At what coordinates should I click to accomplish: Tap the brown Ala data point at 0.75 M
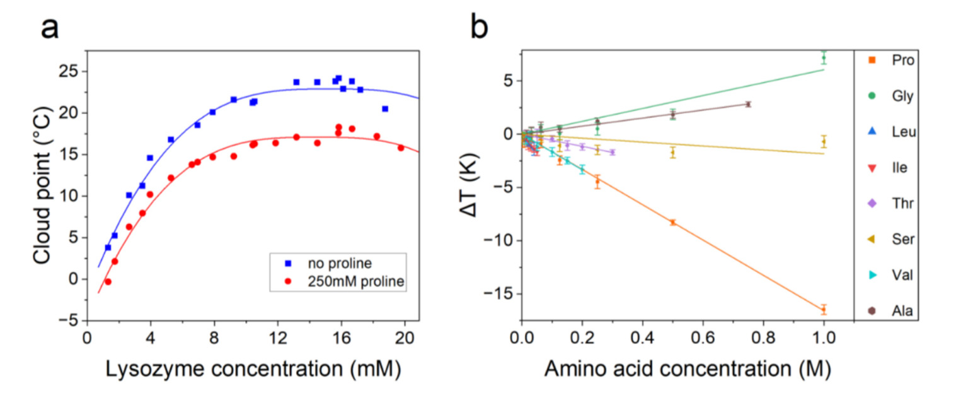tap(748, 104)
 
